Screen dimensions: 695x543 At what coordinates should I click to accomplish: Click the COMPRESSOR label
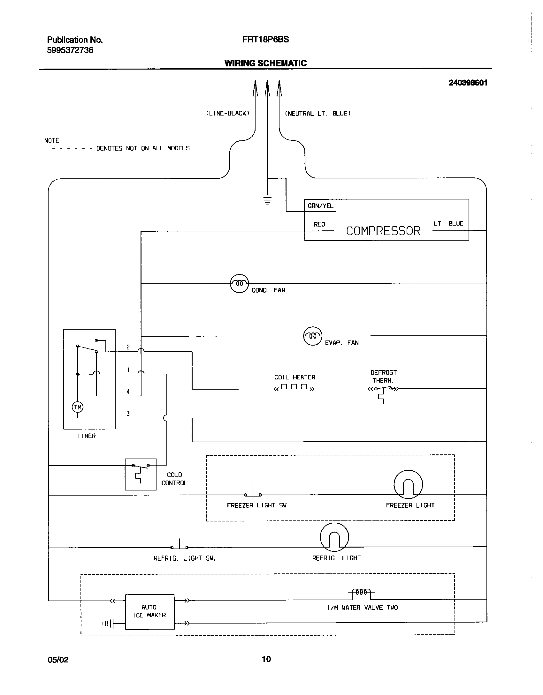point(383,231)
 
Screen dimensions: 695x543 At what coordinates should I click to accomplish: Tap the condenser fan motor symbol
point(239,283)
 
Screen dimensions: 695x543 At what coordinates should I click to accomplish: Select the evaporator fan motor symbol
point(312,336)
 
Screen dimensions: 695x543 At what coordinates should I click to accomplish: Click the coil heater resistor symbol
point(294,388)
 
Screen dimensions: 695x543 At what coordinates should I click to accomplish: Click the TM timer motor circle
point(78,407)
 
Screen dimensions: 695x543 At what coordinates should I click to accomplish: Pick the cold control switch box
point(141,474)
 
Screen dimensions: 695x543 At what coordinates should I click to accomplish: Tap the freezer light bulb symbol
point(408,484)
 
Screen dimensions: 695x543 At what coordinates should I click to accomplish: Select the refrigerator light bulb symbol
point(334,537)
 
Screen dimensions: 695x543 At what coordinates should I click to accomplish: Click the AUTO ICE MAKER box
point(149,611)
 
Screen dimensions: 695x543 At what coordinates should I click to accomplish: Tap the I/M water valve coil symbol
point(361,592)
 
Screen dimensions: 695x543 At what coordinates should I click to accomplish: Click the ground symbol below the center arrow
point(267,199)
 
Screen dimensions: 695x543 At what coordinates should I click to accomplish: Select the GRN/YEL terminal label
point(320,206)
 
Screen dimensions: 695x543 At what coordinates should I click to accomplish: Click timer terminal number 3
point(128,414)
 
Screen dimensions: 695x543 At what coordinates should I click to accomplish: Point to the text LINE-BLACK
point(227,114)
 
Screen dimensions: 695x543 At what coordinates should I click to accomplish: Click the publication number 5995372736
point(70,50)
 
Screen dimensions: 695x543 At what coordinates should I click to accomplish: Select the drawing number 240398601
point(468,83)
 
